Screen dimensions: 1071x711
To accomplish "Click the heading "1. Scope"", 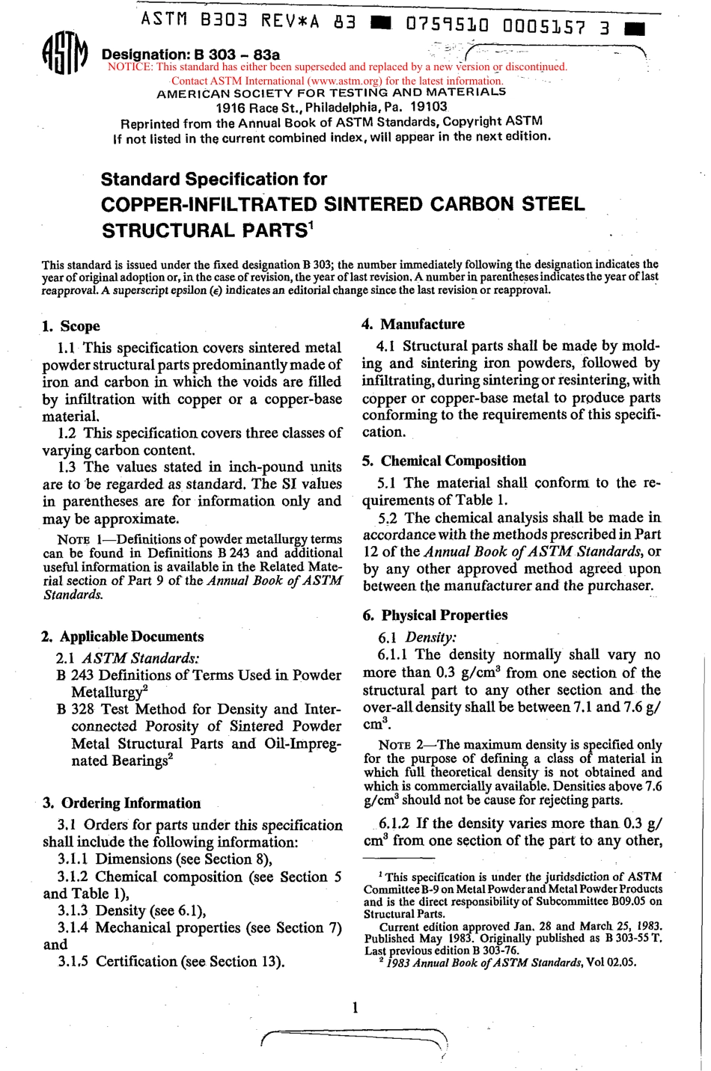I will point(71,326).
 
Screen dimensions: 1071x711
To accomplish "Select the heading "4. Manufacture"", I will point(413,324).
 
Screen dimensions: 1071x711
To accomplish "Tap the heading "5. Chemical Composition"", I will point(445,461).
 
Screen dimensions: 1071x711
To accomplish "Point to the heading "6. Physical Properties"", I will point(435,615).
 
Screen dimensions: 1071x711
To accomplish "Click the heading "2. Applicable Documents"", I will point(123,636).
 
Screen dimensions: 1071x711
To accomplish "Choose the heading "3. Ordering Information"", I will point(121,803).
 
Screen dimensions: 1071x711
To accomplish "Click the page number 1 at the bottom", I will point(355,1007).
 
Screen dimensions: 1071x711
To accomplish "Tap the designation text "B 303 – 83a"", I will point(236,55).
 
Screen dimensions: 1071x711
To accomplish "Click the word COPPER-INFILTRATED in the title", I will point(209,204).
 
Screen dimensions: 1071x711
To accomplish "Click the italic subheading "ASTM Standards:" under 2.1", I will point(140,658).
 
